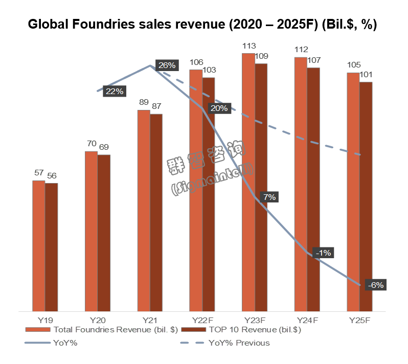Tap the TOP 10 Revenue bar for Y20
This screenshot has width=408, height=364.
tap(104, 233)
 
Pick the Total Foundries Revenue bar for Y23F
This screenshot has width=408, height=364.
tap(248, 181)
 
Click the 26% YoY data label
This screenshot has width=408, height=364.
tap(167, 65)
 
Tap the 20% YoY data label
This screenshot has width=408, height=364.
tap(219, 108)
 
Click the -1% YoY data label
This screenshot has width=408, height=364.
tap(324, 253)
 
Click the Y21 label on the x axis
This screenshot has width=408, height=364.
tap(149, 320)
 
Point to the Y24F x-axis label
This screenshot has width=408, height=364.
tap(307, 320)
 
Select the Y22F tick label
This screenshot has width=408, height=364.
tap(202, 320)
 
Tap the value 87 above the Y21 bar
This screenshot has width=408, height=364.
tap(156, 106)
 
